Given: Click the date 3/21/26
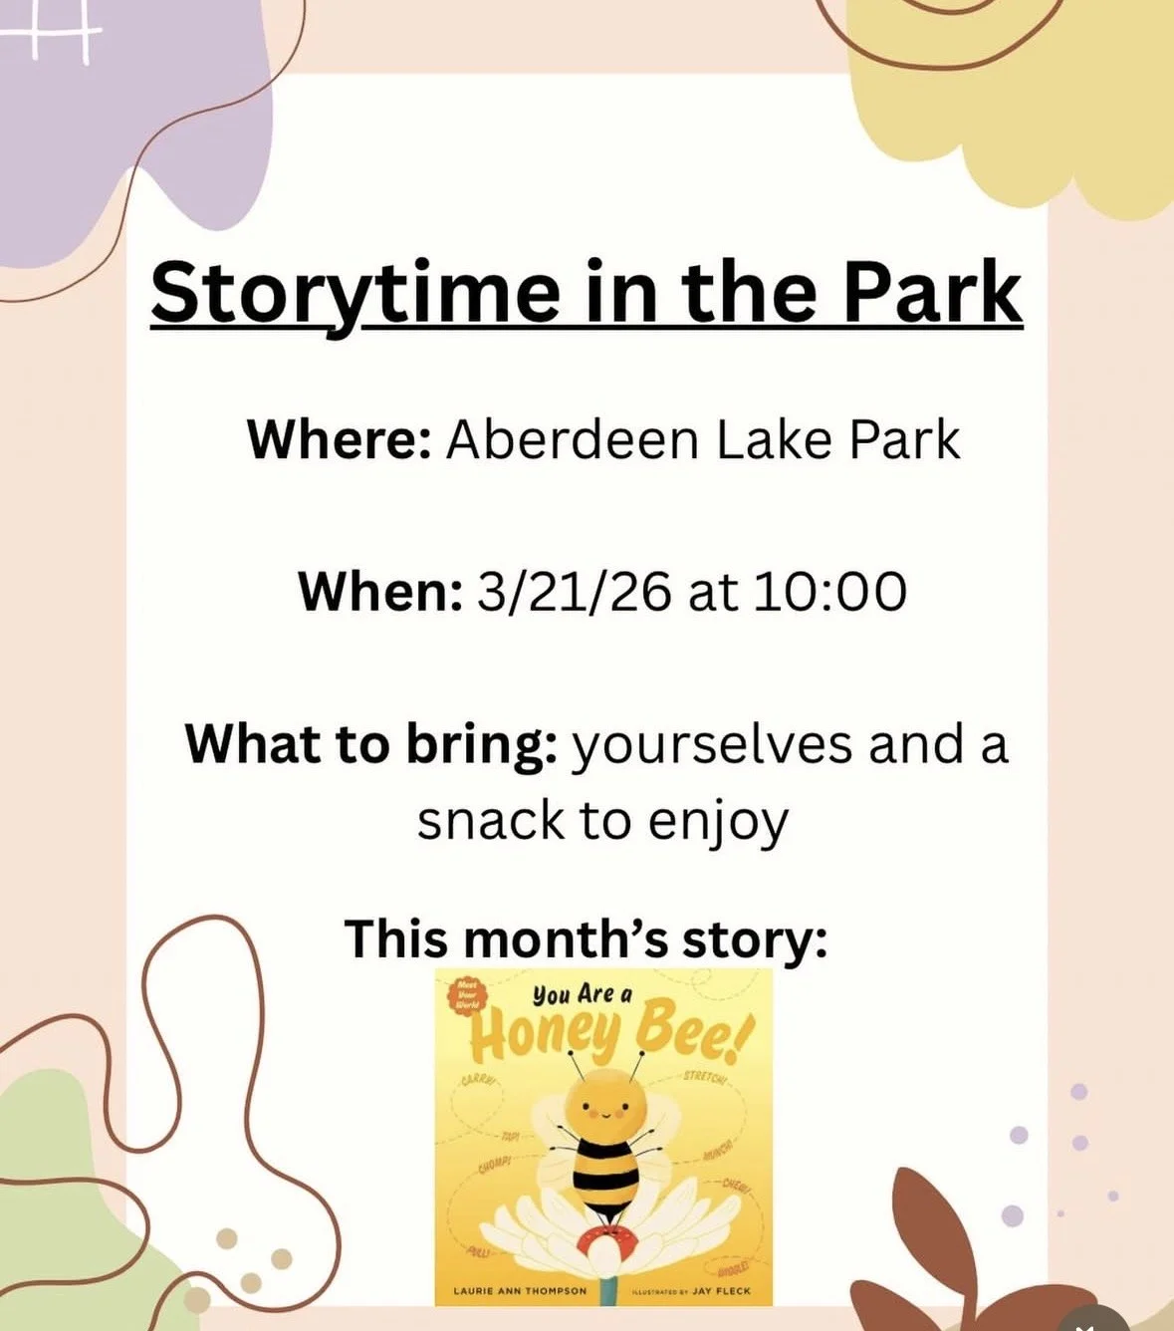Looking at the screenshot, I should click(x=575, y=592).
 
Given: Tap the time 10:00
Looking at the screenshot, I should click(x=829, y=592).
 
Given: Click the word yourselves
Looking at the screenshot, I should click(x=712, y=744).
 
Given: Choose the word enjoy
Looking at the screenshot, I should click(x=718, y=823).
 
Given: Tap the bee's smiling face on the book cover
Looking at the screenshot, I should click(x=605, y=1105).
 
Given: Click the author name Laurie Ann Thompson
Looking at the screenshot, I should click(x=520, y=1291).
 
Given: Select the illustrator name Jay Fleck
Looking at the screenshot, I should click(x=721, y=1291).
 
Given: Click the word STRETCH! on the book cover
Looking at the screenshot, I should click(x=709, y=1079).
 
